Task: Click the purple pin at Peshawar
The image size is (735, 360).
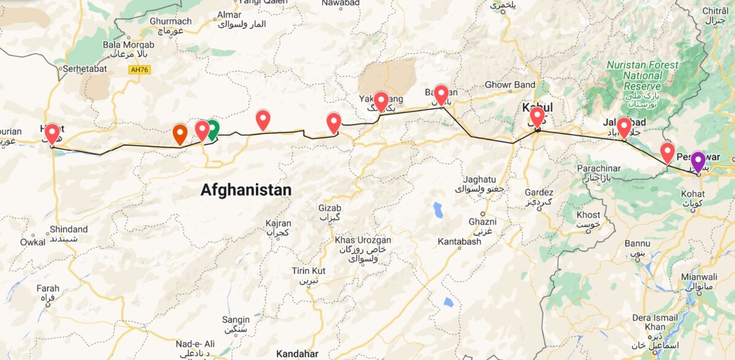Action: pyautogui.click(x=698, y=161)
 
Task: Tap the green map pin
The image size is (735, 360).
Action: pyautogui.click(x=212, y=129)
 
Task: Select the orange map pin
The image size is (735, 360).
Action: pyautogui.click(x=179, y=133)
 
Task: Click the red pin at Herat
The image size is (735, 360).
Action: pyautogui.click(x=52, y=133)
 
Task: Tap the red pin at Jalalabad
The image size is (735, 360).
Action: pyautogui.click(x=624, y=127)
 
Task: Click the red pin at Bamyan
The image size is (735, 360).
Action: pyautogui.click(x=441, y=94)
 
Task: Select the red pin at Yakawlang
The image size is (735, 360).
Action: pyautogui.click(x=381, y=100)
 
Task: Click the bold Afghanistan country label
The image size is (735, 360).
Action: pyautogui.click(x=246, y=190)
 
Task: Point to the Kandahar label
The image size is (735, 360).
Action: pyautogui.click(x=297, y=354)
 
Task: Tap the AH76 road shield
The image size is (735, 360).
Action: pyautogui.click(x=140, y=70)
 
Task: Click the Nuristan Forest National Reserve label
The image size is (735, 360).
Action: pyautogui.click(x=642, y=75)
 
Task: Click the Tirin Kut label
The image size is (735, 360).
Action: pyautogui.click(x=309, y=271)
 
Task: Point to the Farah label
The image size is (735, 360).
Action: pyautogui.click(x=48, y=288)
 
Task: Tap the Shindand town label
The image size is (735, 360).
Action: pyautogui.click(x=69, y=230)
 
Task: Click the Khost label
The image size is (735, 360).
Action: pyautogui.click(x=589, y=215)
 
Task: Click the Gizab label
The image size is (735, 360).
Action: pyautogui.click(x=330, y=208)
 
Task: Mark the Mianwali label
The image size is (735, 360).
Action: pyautogui.click(x=699, y=277)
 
